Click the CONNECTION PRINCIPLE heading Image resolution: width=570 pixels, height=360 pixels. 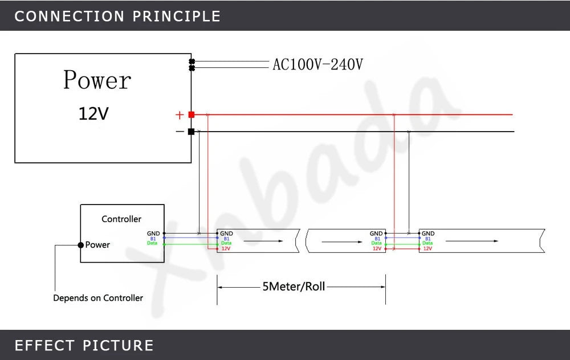click(117, 17)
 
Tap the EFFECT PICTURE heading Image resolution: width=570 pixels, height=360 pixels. click(84, 345)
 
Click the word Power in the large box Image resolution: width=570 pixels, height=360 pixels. click(97, 80)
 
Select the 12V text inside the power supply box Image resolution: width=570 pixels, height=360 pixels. click(93, 114)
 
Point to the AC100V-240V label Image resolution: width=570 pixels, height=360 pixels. click(317, 65)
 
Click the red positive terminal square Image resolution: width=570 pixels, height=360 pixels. click(191, 115)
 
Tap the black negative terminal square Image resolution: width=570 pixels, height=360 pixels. click(191, 132)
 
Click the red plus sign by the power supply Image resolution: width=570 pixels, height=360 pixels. click(180, 115)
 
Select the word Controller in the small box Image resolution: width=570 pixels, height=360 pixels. click(121, 219)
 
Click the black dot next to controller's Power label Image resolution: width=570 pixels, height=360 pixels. click(81, 245)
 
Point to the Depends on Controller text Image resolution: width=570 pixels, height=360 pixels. click(98, 298)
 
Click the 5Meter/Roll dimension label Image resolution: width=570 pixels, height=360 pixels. click(294, 287)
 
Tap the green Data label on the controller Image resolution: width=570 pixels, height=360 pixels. click(152, 243)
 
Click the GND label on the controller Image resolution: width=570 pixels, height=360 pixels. click(153, 234)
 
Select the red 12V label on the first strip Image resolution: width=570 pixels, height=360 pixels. click(226, 248)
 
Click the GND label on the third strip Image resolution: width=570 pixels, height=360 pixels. click(428, 234)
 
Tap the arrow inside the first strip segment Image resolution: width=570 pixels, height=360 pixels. click(263, 241)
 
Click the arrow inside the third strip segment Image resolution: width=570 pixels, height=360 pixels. click(472, 241)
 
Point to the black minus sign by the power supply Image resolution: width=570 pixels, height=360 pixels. click(180, 132)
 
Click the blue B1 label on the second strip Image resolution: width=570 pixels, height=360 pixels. click(377, 239)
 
